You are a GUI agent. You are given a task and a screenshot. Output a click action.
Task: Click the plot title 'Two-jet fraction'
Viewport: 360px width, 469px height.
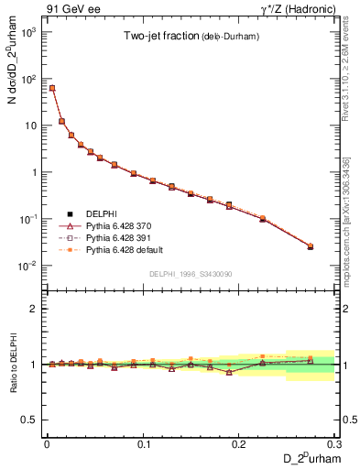[163, 37]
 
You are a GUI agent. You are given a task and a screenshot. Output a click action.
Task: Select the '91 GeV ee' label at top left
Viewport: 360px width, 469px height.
[68, 8]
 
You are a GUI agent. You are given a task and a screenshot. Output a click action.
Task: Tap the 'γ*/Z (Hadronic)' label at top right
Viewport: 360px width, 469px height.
[296, 8]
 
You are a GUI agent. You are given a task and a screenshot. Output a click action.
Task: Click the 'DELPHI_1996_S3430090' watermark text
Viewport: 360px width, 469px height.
[189, 274]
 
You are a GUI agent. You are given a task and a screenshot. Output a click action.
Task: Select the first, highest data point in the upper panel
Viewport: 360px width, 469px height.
[52, 88]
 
